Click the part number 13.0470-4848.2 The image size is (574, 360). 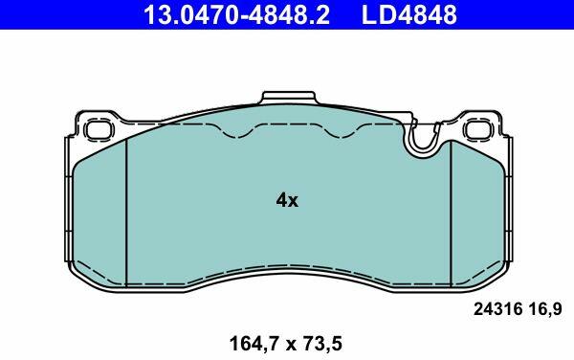tap(236, 14)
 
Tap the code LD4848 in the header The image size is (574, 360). tap(409, 14)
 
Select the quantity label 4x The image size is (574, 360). tap(287, 200)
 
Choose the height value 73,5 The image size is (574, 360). tap(321, 345)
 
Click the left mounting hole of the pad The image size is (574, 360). tap(99, 130)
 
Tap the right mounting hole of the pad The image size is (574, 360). tap(478, 130)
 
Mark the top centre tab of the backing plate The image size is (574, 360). tap(289, 98)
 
